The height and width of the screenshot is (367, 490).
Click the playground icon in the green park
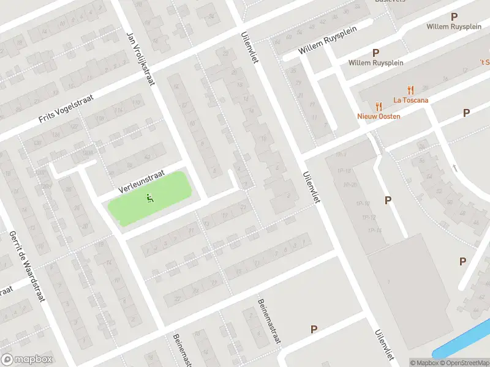click(149, 197)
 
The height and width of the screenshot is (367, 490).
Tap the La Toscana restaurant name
click(411, 100)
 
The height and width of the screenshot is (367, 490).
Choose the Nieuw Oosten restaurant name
click(379, 116)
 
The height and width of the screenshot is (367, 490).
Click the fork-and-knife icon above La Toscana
click(411, 89)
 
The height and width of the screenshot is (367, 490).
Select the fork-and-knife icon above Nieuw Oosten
click(379, 106)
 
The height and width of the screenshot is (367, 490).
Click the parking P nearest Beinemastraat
click(314, 329)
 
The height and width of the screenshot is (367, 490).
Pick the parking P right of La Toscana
click(466, 113)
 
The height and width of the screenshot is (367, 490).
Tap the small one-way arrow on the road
click(454, 168)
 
